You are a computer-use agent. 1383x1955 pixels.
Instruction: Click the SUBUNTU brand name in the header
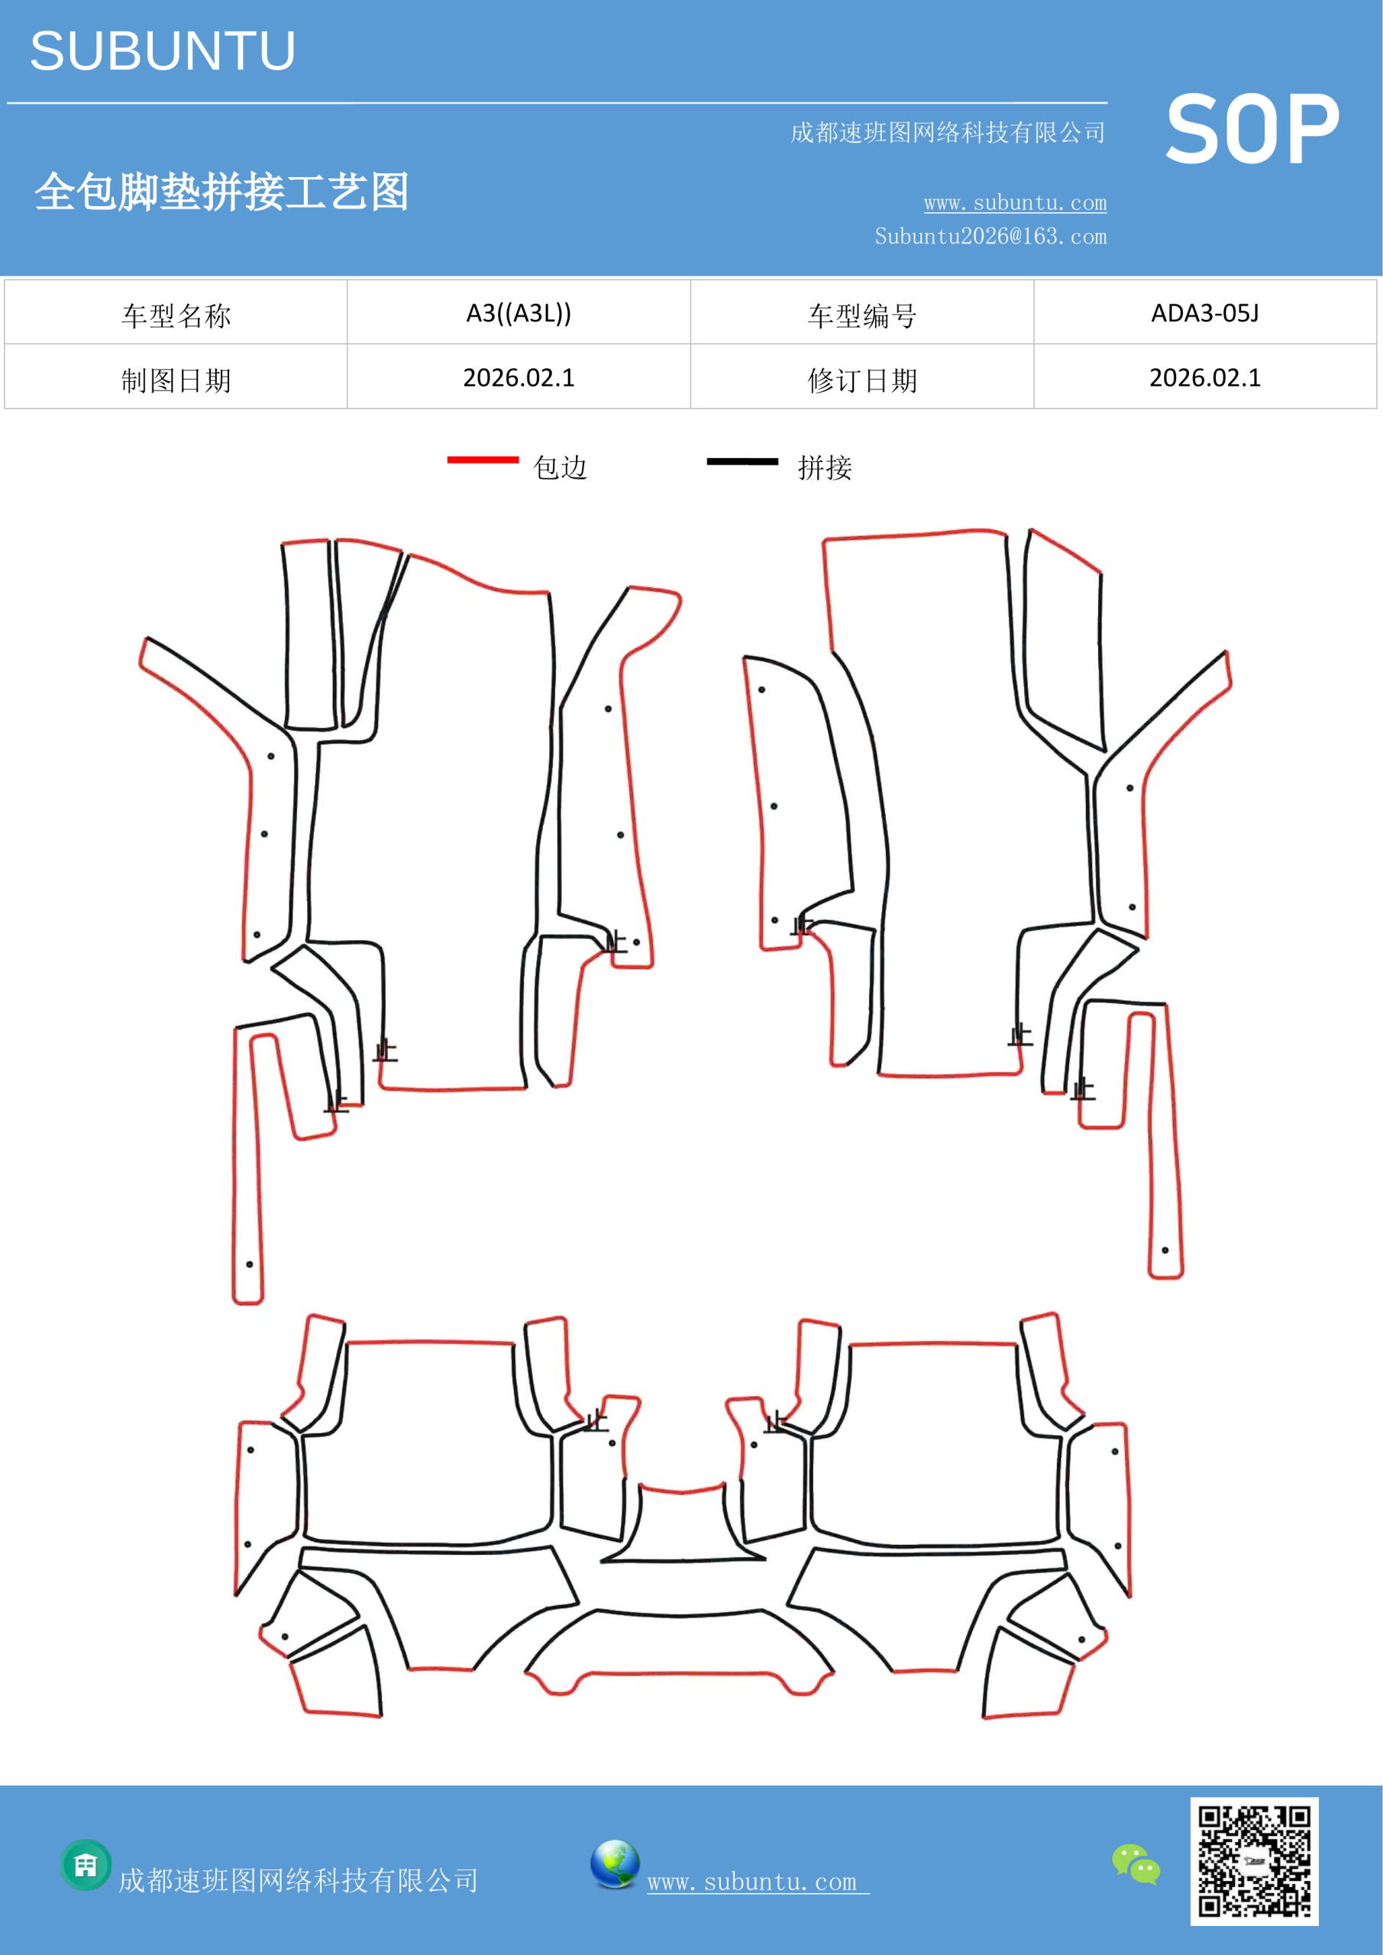pos(163,51)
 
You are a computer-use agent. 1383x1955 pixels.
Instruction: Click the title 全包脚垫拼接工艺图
pos(221,191)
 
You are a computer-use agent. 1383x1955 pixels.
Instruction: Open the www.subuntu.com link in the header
pos(1015,202)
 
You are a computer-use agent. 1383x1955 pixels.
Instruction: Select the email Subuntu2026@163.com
pos(990,236)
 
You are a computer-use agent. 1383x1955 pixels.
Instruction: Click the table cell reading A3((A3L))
pos(519,313)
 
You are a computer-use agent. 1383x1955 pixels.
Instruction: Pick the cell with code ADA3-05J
pos(1205,313)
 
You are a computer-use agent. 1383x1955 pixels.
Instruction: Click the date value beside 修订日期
pos(1205,377)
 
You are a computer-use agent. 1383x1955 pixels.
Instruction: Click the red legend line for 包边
pos(483,460)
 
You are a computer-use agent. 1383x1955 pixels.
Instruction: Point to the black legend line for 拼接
pos(742,461)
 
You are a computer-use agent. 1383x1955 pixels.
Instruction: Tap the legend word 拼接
pos(824,467)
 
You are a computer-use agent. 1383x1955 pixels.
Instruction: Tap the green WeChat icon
pos(1136,1864)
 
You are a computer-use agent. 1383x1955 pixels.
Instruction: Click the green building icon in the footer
pos(86,1865)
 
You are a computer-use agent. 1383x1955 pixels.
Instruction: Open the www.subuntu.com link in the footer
pos(758,1881)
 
